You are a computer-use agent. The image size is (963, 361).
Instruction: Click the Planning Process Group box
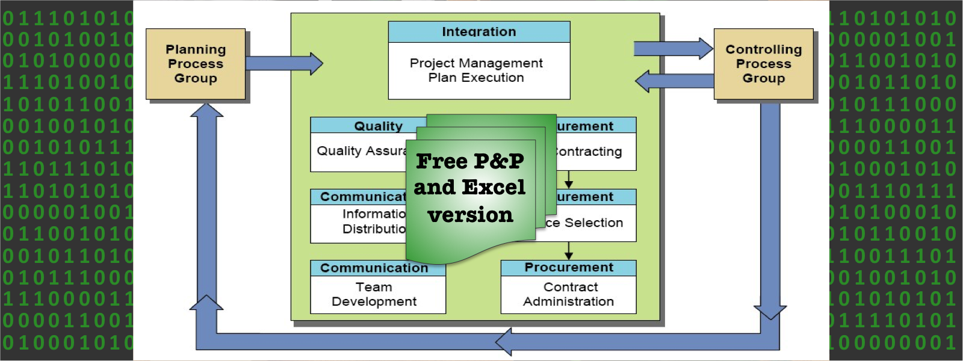tap(196, 64)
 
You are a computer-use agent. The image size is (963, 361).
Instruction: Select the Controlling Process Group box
tap(763, 64)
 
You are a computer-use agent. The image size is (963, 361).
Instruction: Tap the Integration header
tap(479, 32)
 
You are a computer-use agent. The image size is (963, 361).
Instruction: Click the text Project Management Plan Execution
tap(476, 70)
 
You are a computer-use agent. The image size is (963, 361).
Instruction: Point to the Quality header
tap(378, 126)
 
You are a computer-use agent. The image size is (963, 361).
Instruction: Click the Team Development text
tap(374, 294)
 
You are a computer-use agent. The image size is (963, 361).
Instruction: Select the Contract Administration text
tap(569, 294)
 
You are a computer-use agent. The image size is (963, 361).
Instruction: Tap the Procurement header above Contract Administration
tap(569, 267)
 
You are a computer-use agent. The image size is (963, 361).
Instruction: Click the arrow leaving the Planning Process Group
tap(283, 63)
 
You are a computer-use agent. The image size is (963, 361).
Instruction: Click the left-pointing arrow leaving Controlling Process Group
tap(674, 81)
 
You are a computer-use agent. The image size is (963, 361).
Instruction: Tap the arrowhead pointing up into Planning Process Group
tap(206, 111)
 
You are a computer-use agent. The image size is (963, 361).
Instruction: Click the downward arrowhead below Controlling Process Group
tap(770, 312)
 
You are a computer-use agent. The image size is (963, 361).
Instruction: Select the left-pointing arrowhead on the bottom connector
tap(504, 342)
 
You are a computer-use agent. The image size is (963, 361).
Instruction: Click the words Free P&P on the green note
tap(469, 161)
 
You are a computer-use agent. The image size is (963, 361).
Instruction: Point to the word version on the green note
tap(470, 215)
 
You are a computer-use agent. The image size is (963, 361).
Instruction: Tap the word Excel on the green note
tap(494, 188)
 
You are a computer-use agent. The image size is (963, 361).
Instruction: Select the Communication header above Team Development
tap(374, 268)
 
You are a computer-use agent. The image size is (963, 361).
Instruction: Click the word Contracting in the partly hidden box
tap(589, 152)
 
